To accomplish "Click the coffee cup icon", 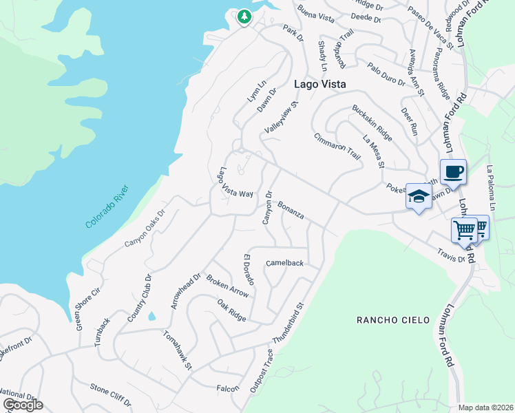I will [453, 171].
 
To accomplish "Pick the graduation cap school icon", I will [419, 197].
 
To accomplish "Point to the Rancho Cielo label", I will [393, 320].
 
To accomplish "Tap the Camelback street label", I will [284, 263].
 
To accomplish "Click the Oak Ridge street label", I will [231, 310].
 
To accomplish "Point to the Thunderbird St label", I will [288, 324].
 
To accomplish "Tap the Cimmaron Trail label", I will [337, 146].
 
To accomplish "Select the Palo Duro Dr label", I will [386, 74].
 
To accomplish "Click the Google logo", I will [23, 405].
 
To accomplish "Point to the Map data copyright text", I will [486, 407].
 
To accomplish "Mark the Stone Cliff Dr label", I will [110, 392].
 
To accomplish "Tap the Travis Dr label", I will [451, 255].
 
